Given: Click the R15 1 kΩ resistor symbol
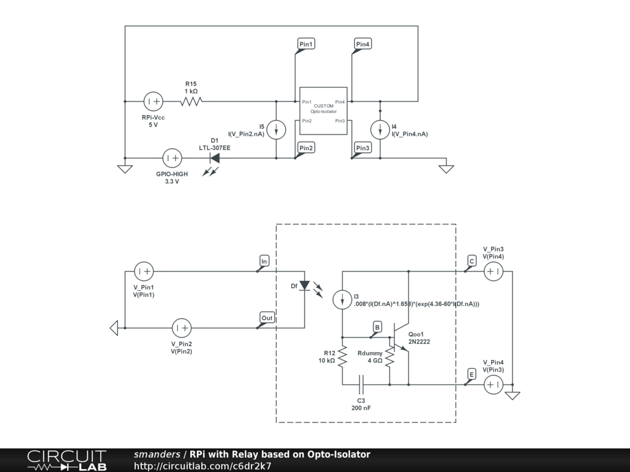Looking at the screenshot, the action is click(191, 101).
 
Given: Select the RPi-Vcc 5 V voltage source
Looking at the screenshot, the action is click(153, 101).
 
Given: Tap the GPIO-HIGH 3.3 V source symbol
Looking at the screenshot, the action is click(172, 158).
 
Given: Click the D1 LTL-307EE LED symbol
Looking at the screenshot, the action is click(215, 158).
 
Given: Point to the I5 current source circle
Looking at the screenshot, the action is click(276, 130).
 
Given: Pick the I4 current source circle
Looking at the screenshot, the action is click(380, 130).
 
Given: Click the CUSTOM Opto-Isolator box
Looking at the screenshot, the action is click(324, 111).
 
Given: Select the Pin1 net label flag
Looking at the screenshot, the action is click(306, 44).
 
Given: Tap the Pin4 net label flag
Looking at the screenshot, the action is click(362, 44).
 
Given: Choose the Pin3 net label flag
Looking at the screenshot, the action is click(362, 148).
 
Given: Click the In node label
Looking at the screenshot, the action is click(264, 261).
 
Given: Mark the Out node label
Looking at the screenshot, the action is click(267, 318).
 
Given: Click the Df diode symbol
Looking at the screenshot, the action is click(305, 285).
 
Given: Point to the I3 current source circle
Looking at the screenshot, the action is click(342, 299).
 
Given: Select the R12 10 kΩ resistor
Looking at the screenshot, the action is click(342, 356).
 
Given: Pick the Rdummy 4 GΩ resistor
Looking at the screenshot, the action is click(389, 356).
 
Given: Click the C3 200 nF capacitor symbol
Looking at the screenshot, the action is click(361, 385).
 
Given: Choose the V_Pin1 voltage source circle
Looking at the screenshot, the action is click(144, 271).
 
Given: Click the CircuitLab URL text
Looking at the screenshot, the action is click(202, 466).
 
